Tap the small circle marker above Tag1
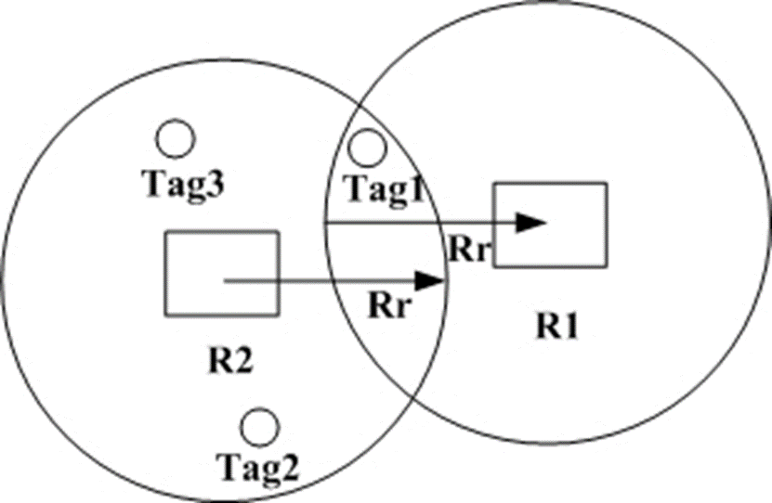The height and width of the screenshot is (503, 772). pos(369,146)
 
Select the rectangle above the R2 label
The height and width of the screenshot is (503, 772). pos(221,272)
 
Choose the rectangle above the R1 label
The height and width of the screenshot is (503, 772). pos(549,225)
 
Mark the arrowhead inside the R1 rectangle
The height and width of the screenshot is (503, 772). pos(530,223)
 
